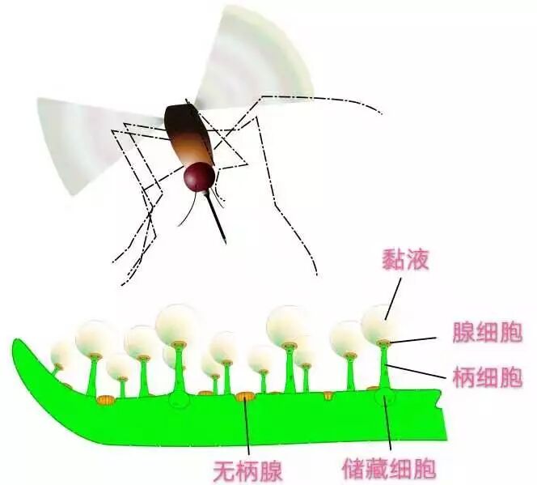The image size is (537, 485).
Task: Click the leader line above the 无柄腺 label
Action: [x=247, y=429]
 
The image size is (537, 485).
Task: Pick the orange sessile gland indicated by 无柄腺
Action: [x=244, y=397]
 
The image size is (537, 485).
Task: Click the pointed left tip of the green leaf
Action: [x=16, y=344]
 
